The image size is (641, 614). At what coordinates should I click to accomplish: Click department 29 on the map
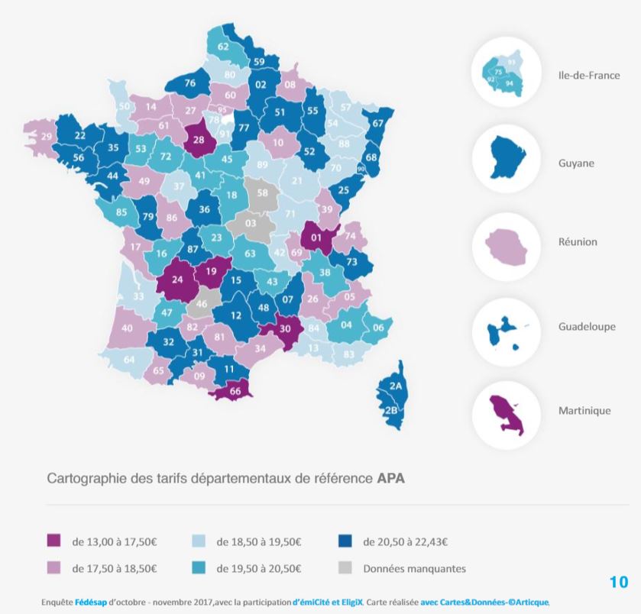46,136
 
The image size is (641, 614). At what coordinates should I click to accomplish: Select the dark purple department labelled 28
198,140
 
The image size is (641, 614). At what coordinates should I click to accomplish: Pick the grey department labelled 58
262,193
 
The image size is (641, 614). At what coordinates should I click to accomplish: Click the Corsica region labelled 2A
395,387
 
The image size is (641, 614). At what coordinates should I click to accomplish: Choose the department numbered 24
176,280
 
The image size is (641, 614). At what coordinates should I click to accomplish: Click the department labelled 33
138,296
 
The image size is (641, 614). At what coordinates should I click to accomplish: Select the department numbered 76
190,83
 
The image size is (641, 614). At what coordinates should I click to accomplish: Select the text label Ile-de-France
588,76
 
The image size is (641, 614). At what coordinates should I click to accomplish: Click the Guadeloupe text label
587,327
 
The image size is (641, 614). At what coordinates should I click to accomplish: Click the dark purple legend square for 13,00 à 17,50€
53,541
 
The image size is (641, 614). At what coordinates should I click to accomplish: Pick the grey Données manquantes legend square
345,568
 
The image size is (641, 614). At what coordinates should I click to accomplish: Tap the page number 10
618,582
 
